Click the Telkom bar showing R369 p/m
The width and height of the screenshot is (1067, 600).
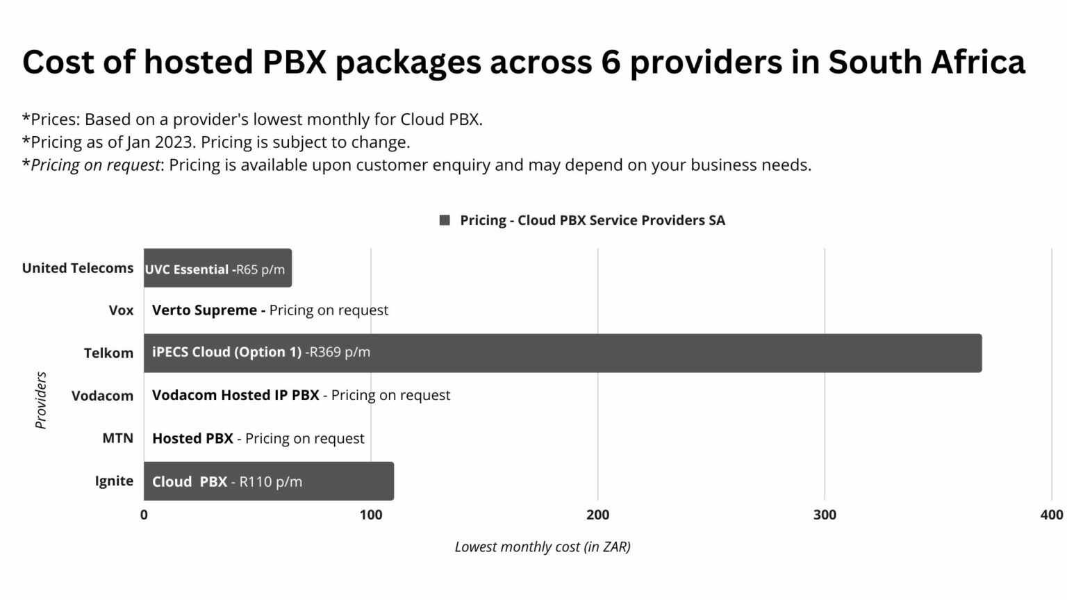[x=563, y=353]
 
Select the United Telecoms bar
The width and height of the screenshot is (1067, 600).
[x=217, y=268]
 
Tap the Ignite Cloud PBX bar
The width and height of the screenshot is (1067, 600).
[x=268, y=481]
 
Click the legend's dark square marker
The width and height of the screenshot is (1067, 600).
[x=445, y=220]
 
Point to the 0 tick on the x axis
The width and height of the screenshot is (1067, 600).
[x=144, y=515]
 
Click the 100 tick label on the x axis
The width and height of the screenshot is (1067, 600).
[x=371, y=515]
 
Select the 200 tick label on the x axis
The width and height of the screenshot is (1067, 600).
[x=597, y=515]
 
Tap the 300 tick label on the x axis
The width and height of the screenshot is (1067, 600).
[x=825, y=515]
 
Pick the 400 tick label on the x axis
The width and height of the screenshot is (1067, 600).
[x=1051, y=515]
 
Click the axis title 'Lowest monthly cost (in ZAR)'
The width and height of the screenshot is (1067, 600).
[x=543, y=547]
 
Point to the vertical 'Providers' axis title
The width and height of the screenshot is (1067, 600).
[x=41, y=400]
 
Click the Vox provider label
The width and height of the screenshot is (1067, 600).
[x=121, y=310]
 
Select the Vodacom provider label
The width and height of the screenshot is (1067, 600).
[x=102, y=396]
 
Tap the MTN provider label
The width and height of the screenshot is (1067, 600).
[x=117, y=438]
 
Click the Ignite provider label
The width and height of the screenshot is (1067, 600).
[x=114, y=481]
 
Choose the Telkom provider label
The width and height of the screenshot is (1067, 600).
[x=108, y=353]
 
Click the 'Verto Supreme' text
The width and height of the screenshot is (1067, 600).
[x=204, y=310]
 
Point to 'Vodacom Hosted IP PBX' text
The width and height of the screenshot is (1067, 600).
[x=235, y=395]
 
